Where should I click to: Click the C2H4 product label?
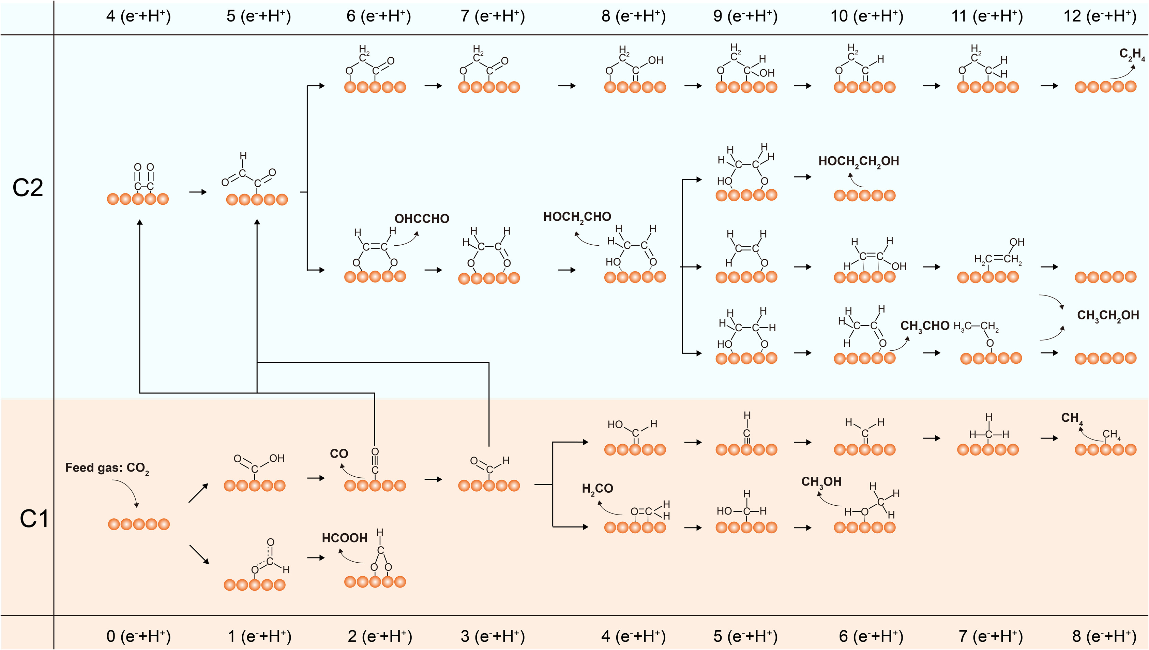pyautogui.click(x=1132, y=55)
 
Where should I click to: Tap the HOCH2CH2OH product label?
pyautogui.click(x=859, y=162)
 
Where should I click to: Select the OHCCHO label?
pyautogui.click(x=422, y=219)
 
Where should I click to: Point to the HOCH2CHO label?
pyautogui.click(x=577, y=217)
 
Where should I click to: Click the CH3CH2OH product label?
pyautogui.click(x=1108, y=316)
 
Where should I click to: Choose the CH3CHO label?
pyautogui.click(x=925, y=326)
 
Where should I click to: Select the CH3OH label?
pyautogui.click(x=821, y=482)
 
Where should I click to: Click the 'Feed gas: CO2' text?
pyautogui.click(x=107, y=468)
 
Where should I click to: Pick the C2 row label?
pyautogui.click(x=28, y=188)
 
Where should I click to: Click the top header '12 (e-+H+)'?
pyautogui.click(x=1100, y=16)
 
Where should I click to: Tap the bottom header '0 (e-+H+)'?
pyautogui.click(x=138, y=636)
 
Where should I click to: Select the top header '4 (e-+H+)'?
pyautogui.click(x=138, y=16)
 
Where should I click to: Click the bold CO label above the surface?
pyautogui.click(x=338, y=453)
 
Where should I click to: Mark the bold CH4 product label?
pyautogui.click(x=1071, y=418)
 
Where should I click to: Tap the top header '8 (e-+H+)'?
pyautogui.click(x=633, y=16)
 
